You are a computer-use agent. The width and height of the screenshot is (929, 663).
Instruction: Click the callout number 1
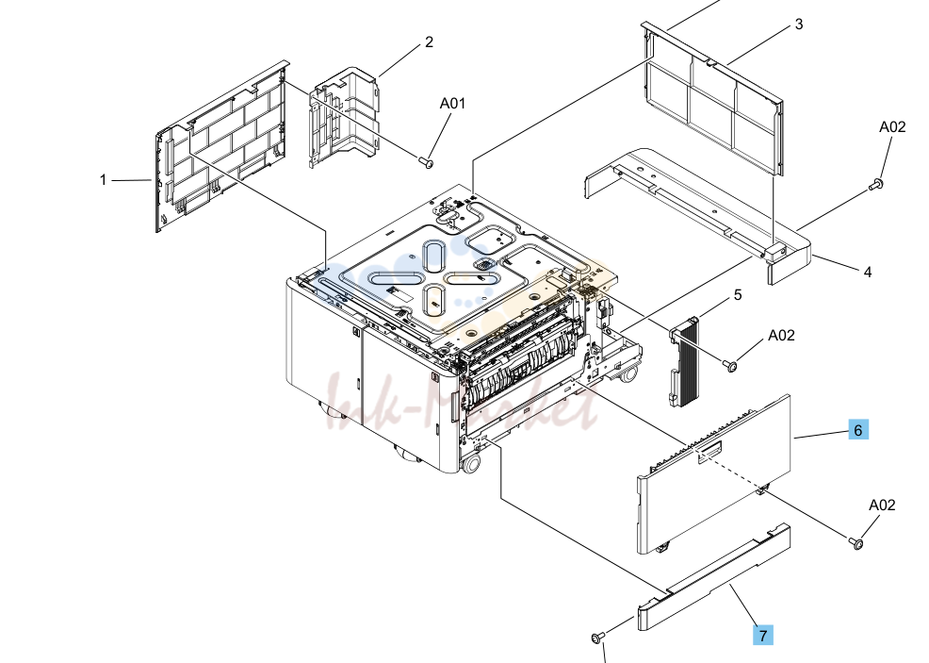pyautogui.click(x=103, y=180)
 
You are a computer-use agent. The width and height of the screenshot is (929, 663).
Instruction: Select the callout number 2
pyautogui.click(x=429, y=42)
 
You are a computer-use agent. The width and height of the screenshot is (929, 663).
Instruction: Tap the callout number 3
pyautogui.click(x=799, y=25)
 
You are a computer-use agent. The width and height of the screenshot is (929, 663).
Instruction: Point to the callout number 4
pyautogui.click(x=868, y=273)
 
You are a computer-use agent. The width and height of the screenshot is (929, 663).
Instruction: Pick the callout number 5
pyautogui.click(x=738, y=295)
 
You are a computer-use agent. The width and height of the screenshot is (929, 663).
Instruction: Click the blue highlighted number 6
pyautogui.click(x=858, y=429)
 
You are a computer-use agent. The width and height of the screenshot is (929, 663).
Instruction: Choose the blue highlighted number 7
pyautogui.click(x=763, y=635)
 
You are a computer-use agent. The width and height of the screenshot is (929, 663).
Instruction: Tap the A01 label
pyautogui.click(x=452, y=103)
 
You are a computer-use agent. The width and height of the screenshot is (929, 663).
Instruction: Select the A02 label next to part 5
pyautogui.click(x=781, y=335)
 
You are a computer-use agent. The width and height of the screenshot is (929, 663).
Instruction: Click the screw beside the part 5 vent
pyautogui.click(x=729, y=365)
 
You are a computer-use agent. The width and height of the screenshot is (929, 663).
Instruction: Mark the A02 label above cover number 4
pyautogui.click(x=892, y=127)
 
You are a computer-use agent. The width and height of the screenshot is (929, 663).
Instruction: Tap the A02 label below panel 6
pyautogui.click(x=882, y=505)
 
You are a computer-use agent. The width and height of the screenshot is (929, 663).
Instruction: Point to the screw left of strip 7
pyautogui.click(x=597, y=638)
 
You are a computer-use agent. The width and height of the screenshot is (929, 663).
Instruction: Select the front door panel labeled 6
pyautogui.click(x=714, y=473)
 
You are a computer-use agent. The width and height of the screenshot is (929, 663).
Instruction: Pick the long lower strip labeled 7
pyautogui.click(x=714, y=576)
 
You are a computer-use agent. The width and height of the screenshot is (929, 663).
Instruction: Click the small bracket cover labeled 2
pyautogui.click(x=344, y=118)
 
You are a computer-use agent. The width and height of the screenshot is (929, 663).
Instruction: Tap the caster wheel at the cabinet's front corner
pyautogui.click(x=471, y=464)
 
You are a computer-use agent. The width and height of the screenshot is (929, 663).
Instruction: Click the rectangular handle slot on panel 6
pyautogui.click(x=710, y=452)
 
